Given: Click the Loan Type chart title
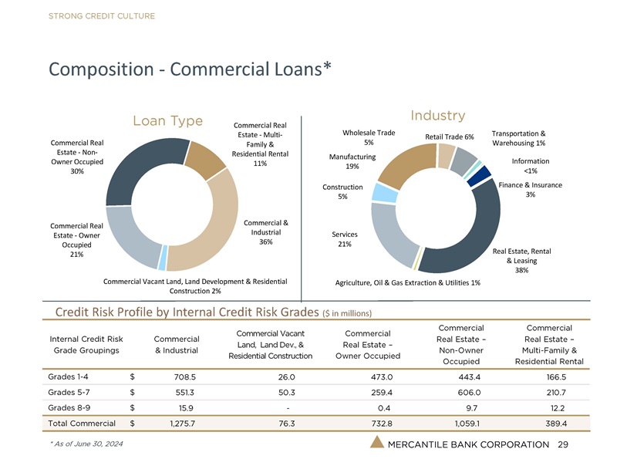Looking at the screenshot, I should coord(167,121).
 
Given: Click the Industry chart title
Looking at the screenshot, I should coord(437,116).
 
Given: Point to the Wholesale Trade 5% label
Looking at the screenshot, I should coord(369,137).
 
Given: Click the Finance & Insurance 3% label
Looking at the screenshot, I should coord(530,190).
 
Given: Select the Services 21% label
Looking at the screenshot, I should coord(344,238).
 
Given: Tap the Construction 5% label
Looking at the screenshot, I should coord(342,192).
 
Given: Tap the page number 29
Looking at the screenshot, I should coord(562,445).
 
